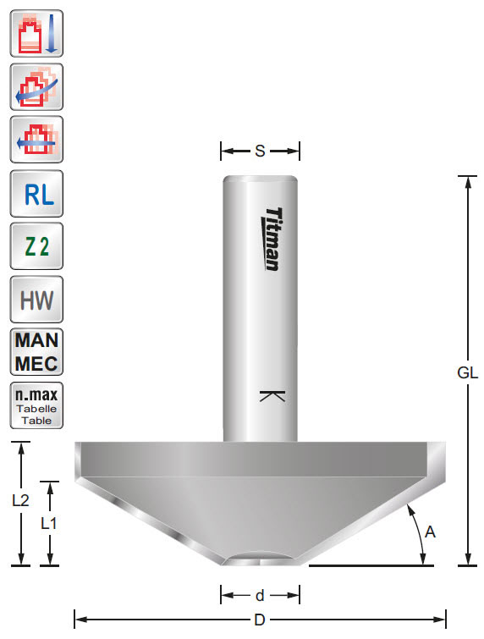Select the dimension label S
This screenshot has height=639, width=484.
pos(260,151)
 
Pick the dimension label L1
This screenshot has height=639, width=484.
pos(50,523)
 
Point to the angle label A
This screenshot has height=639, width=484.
pos(431,532)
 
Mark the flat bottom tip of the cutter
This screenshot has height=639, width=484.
pos(260,562)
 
